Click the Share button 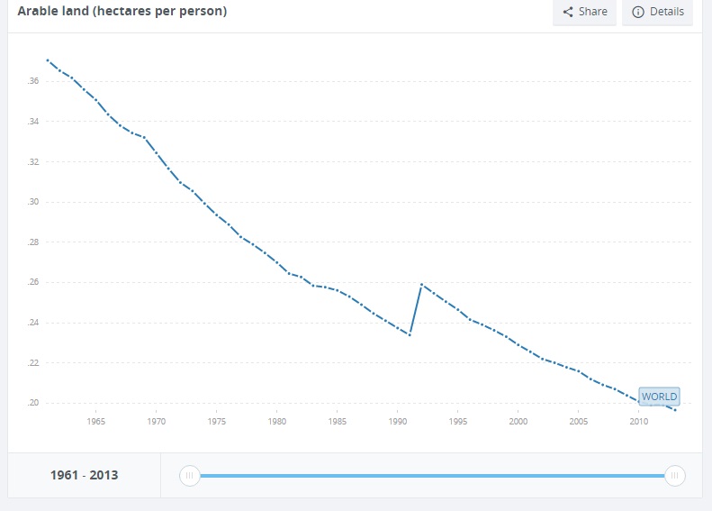click(584, 12)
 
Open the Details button click(657, 12)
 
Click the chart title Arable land click(122, 12)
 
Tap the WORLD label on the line click(659, 397)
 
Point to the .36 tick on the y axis click(33, 82)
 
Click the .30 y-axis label click(33, 202)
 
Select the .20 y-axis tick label click(33, 403)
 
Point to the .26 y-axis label click(33, 282)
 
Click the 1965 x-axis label click(96, 421)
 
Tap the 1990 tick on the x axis click(398, 421)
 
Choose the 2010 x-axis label click(639, 421)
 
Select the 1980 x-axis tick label click(277, 421)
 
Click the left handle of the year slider click(189, 475)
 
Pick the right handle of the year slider click(674, 475)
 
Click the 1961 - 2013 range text click(85, 475)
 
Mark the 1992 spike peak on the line click(421, 285)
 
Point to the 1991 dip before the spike click(410, 335)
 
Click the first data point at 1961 click(47, 60)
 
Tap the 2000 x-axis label click(518, 421)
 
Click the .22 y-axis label click(33, 362)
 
